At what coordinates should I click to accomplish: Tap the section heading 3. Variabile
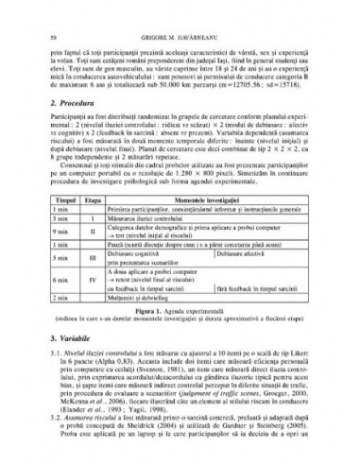(75, 337)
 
